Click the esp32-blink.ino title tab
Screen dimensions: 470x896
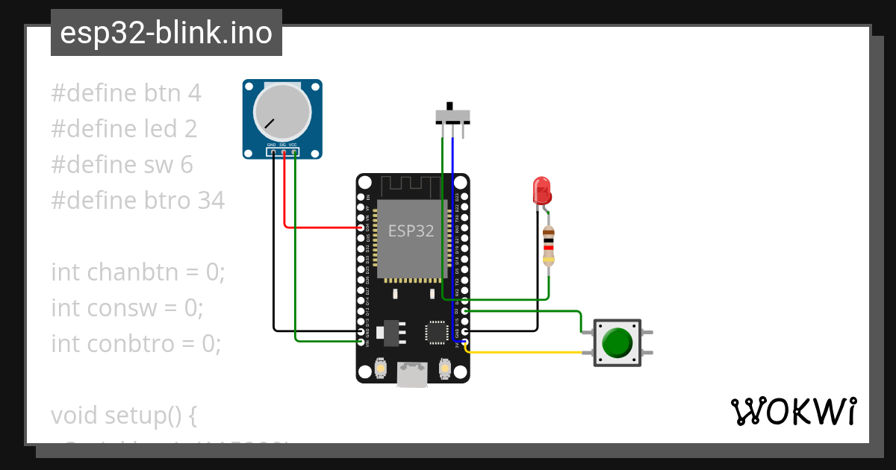[x=166, y=33]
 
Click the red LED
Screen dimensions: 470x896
[x=541, y=190]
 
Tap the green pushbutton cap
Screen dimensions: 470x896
[x=617, y=342]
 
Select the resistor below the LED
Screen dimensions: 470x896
[x=549, y=245]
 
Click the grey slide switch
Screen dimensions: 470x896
[x=452, y=115]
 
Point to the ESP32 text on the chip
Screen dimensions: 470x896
[x=411, y=231]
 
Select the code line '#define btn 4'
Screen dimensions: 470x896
[x=126, y=93]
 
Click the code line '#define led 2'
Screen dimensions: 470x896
[x=124, y=129]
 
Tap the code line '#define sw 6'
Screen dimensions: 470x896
[x=122, y=165]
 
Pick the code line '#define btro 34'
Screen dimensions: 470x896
[x=137, y=201]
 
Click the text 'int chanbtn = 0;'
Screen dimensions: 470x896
[x=137, y=272]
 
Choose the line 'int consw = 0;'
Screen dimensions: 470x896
[x=127, y=308]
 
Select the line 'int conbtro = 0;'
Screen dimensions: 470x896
[x=136, y=344]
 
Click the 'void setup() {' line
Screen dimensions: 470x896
[x=124, y=416]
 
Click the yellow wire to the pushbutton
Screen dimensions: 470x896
[x=523, y=352]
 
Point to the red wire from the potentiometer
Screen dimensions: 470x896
[x=314, y=227]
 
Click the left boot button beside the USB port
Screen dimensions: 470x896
[x=380, y=369]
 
